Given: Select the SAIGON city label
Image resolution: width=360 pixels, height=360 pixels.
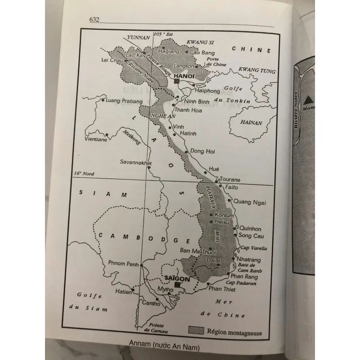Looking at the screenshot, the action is coord(178,278).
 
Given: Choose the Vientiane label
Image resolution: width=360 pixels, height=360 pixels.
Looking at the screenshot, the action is coord(96,140).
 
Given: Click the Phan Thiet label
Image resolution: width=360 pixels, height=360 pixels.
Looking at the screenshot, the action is coord(222,289).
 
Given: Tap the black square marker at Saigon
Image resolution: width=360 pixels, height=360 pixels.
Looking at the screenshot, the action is coord(177,284).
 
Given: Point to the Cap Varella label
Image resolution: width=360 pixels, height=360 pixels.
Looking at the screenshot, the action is coord(254,248).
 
